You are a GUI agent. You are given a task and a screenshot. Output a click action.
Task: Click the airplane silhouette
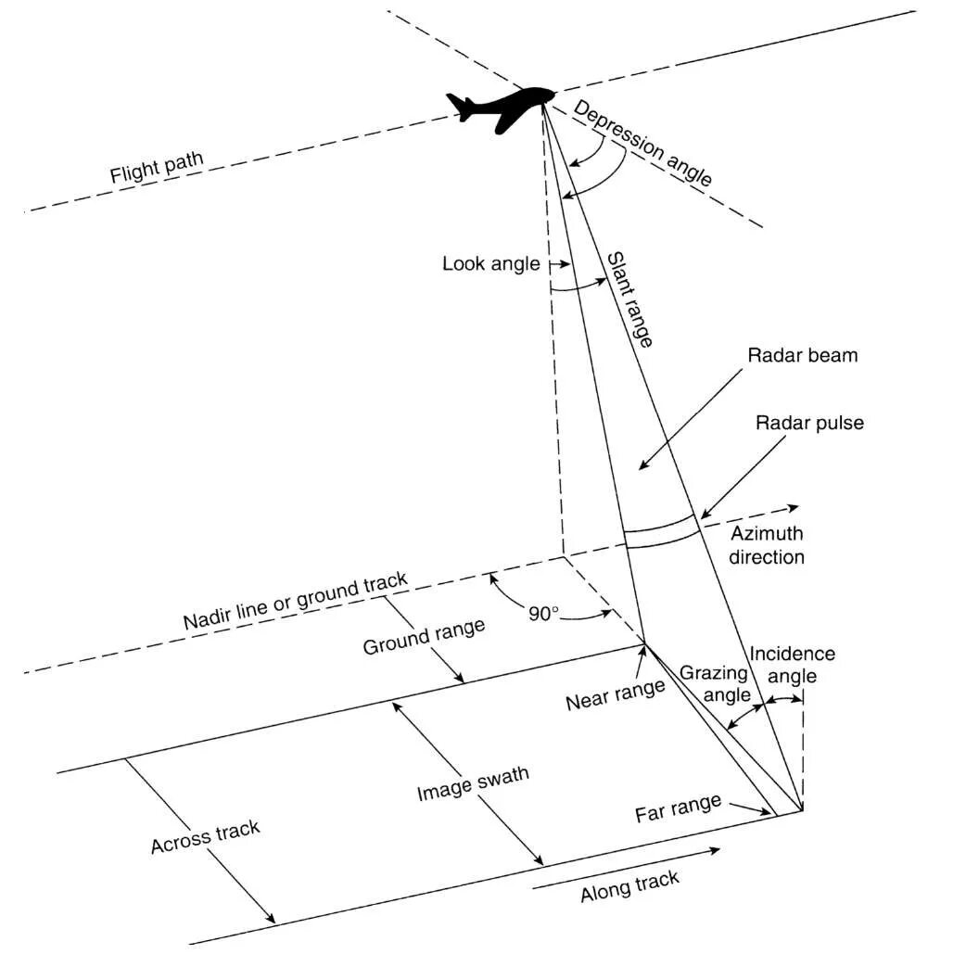pos(501,107)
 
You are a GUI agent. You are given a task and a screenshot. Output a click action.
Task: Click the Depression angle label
pos(643,143)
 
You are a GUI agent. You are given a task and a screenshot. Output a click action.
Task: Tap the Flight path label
pos(157,169)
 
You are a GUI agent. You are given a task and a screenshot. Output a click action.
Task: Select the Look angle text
pos(490,264)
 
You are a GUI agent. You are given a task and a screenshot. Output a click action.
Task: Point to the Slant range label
pos(630,299)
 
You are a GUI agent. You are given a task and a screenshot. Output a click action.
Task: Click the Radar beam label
pos(790,355)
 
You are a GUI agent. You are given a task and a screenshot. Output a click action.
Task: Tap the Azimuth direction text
pos(766,545)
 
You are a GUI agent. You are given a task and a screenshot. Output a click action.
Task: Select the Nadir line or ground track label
pos(295,602)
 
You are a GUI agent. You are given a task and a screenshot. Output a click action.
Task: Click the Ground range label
pos(424,635)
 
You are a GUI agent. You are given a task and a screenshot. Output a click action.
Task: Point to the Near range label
pos(616,693)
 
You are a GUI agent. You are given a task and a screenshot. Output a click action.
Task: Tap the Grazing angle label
pos(714,683)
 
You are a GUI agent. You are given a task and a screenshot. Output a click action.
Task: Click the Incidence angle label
pos(792,665)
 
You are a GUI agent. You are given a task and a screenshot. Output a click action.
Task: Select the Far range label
pos(678,808)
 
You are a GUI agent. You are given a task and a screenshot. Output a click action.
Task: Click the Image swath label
pos(473,784)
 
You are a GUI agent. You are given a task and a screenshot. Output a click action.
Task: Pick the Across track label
pos(205,837)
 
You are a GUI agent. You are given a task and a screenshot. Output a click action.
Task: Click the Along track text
pos(629,886)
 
